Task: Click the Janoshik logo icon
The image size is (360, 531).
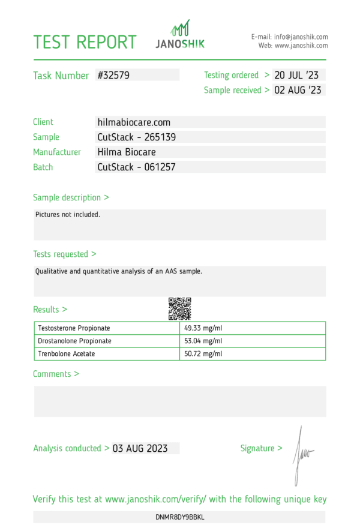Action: (180, 28)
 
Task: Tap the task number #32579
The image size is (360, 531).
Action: (113, 76)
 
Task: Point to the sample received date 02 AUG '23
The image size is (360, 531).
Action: (298, 91)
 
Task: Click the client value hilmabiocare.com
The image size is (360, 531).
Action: (134, 122)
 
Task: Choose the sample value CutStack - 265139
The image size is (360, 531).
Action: (136, 137)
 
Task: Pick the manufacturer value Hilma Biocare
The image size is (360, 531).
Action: (127, 152)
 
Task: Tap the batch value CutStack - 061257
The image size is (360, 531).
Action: (136, 167)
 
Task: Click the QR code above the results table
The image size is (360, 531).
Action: (179, 308)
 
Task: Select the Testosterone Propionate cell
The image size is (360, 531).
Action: (74, 328)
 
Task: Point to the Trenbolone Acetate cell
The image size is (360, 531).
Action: (66, 354)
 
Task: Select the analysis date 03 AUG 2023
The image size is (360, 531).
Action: (140, 449)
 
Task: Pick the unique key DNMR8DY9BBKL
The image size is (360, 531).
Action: (180, 517)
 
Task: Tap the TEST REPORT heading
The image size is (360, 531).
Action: (85, 42)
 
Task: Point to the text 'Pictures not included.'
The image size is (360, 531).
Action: (68, 215)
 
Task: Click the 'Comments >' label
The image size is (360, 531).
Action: (56, 374)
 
